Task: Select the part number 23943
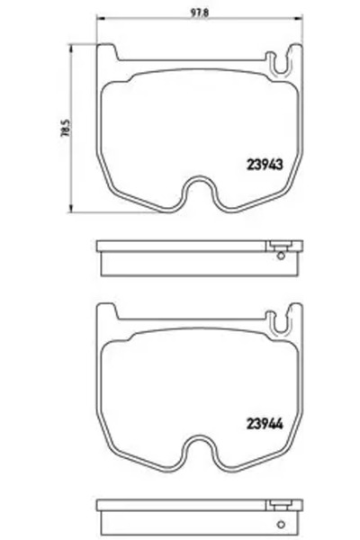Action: pos(265,164)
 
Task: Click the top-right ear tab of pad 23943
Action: pos(295,56)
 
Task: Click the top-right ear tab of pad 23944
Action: pos(295,313)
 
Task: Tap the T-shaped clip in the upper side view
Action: pos(280,246)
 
